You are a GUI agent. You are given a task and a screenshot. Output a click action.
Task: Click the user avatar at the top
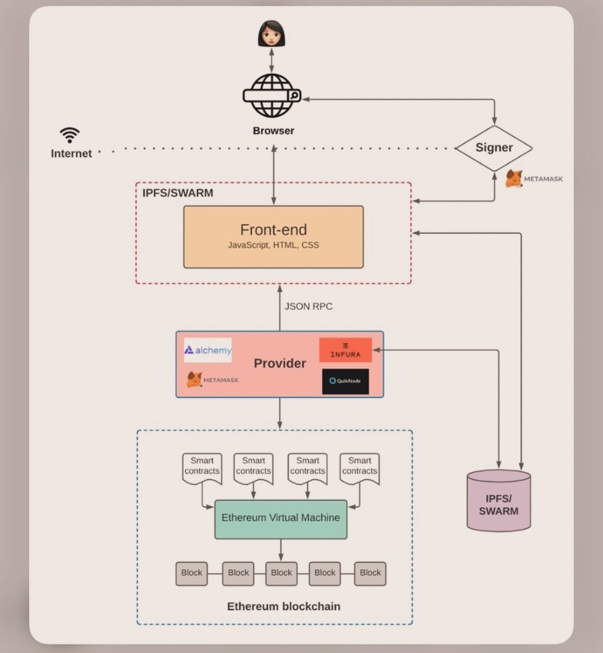tap(272, 33)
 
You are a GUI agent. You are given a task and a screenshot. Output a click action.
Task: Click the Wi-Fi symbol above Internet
tap(70, 135)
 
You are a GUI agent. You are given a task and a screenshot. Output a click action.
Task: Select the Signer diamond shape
tap(494, 148)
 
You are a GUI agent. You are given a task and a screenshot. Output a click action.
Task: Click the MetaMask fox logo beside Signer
tap(514, 179)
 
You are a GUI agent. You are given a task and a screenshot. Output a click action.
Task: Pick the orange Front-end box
tap(274, 237)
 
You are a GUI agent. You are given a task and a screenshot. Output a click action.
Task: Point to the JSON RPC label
tap(308, 306)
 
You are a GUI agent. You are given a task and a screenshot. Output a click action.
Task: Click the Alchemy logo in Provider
tap(208, 350)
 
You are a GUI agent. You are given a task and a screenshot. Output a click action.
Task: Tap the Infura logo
tap(345, 350)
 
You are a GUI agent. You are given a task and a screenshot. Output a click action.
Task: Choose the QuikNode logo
tap(345, 381)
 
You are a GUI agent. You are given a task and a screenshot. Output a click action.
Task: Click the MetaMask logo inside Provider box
tap(212, 380)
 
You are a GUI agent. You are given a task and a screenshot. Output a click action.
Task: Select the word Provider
tap(280, 363)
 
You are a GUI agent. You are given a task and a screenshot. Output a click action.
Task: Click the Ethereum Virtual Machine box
tap(281, 518)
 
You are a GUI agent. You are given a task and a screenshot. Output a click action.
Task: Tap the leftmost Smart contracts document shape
tap(202, 468)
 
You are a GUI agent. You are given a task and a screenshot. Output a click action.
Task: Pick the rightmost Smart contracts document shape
tap(360, 468)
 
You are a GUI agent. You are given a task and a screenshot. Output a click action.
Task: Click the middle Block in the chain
tap(281, 573)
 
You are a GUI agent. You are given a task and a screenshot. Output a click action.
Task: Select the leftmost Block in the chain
tap(192, 573)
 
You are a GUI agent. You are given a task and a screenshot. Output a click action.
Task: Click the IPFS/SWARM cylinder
tap(499, 501)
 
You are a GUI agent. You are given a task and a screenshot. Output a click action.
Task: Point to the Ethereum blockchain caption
tap(284, 607)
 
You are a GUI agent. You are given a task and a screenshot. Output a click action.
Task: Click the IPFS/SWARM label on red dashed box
tap(178, 193)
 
